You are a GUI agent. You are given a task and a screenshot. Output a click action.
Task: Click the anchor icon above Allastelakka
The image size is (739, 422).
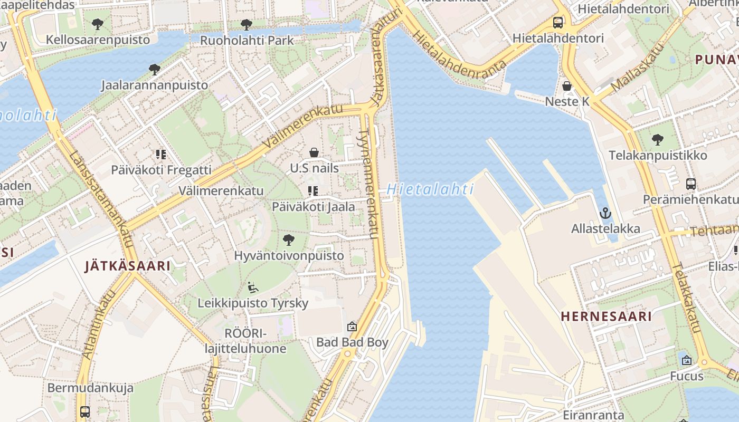(x=605, y=213)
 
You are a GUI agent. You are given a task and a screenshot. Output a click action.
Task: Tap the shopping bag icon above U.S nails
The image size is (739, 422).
(x=314, y=153)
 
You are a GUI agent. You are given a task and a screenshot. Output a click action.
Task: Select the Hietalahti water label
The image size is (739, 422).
(x=430, y=189)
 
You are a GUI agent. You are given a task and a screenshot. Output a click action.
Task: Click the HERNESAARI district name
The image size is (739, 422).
(x=606, y=316)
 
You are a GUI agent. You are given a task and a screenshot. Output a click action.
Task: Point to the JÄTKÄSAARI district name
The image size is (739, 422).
(x=128, y=266)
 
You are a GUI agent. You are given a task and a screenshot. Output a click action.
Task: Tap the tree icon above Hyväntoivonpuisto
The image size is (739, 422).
(x=288, y=240)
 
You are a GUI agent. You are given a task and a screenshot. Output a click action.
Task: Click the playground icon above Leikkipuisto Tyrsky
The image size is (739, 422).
(x=253, y=287)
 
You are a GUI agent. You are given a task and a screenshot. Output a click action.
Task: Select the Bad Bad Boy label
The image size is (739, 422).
(x=352, y=342)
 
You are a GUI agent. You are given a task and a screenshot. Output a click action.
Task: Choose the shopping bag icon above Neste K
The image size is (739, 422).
(x=567, y=85)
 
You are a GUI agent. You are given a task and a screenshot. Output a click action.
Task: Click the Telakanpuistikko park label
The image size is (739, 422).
(x=658, y=156)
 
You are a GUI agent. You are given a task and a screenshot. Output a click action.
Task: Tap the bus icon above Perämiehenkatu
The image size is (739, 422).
(x=690, y=184)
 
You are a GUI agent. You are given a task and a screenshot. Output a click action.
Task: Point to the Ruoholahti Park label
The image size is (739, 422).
(x=247, y=40)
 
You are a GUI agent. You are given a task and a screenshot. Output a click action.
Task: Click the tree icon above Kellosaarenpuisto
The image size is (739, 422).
(x=97, y=24)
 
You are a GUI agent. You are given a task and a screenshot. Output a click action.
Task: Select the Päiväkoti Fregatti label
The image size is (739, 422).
(x=161, y=170)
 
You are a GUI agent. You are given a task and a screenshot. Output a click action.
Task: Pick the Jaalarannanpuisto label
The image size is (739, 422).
(x=154, y=85)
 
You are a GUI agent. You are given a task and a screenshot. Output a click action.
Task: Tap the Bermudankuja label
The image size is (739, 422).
(x=90, y=388)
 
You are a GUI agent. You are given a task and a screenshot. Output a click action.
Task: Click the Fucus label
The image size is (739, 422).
(x=687, y=376)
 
